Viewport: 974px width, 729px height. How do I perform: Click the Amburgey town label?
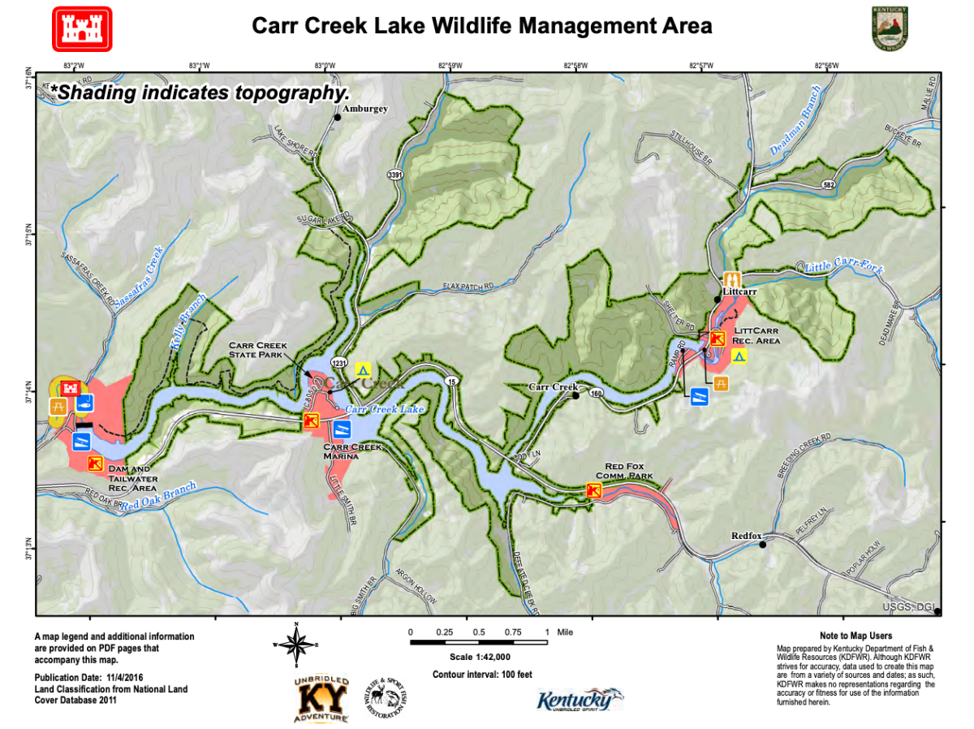pyautogui.click(x=365, y=109)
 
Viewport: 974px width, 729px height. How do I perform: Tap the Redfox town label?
pyautogui.click(x=747, y=536)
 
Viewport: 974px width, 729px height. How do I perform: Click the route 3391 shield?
pyautogui.click(x=395, y=175)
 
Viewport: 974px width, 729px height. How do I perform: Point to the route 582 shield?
pyautogui.click(x=828, y=184)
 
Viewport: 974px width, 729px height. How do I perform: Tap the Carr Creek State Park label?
pyautogui.click(x=258, y=351)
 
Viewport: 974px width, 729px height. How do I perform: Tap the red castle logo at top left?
pyautogui.click(x=82, y=28)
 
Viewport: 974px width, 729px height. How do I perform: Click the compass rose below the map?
pyautogui.click(x=297, y=644)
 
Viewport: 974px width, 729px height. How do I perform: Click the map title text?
pyautogui.click(x=482, y=26)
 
